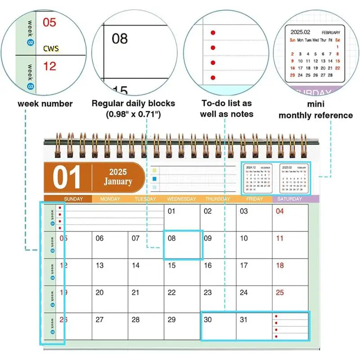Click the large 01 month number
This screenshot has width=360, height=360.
coord(67,177)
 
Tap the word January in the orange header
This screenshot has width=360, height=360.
coord(118,182)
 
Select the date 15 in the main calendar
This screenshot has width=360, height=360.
coord(171,265)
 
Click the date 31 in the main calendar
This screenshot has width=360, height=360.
coord(243,319)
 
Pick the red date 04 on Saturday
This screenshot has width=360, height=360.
coord(279,211)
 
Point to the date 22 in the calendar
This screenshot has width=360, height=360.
coord(171,292)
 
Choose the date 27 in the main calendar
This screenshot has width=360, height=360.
coord(99,319)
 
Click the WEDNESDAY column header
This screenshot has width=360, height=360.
coord(181,199)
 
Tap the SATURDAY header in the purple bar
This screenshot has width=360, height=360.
coord(290,199)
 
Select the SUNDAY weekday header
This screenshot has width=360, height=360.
coord(73,199)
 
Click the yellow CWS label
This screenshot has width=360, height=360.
coord(51,48)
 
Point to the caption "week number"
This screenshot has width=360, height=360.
coord(45,103)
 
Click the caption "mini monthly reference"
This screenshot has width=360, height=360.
coord(315,111)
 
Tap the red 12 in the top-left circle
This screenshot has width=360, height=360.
coord(49,66)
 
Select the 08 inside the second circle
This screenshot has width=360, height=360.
coord(120,39)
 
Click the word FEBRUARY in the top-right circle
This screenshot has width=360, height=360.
coord(331,33)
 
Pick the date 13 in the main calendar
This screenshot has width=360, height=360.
coord(99,265)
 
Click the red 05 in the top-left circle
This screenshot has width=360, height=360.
coord(49,22)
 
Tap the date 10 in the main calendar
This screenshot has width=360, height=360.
coord(243,238)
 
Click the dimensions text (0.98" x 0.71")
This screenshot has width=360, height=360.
coord(133,114)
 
